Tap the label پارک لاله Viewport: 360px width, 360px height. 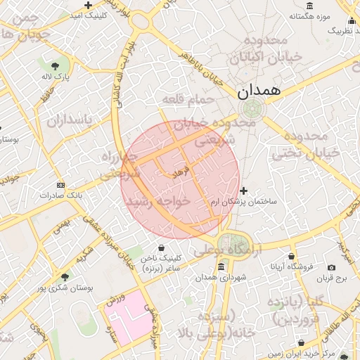pos(58,76)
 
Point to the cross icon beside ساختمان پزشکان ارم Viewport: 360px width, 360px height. pos(244,191)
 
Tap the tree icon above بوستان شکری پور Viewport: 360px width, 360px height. pos(65,277)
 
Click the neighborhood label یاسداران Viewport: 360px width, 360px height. pos(70,120)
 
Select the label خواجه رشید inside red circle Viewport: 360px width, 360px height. pos(158,201)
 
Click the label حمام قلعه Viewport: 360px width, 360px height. pos(187,101)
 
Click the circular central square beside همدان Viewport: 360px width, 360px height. pos(252,108)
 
